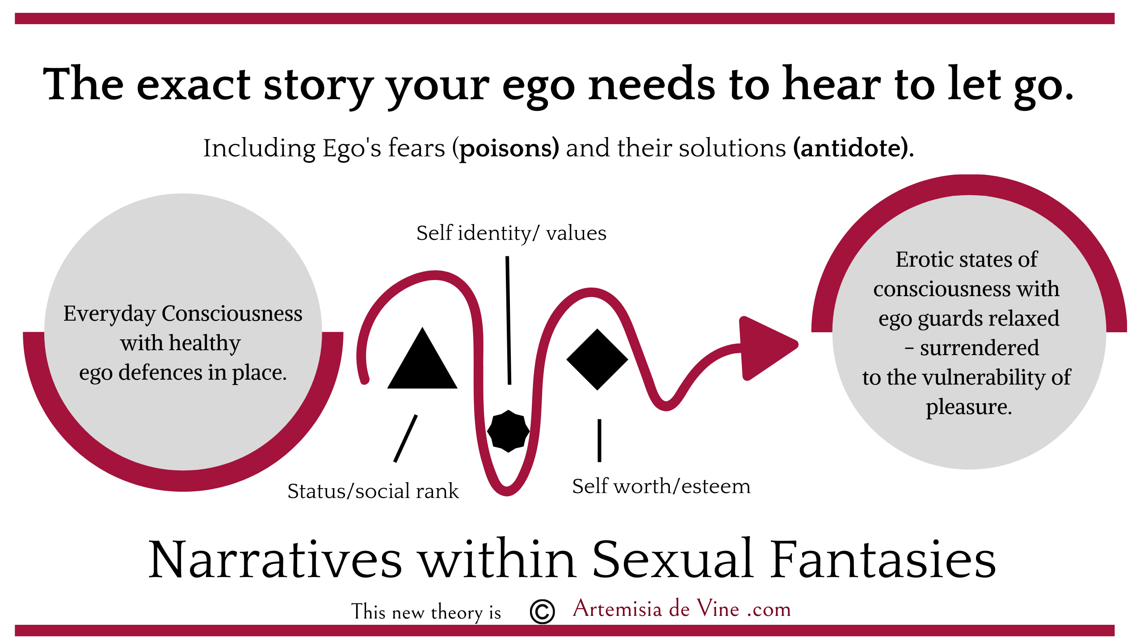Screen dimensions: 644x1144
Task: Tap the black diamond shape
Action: pyautogui.click(x=597, y=360)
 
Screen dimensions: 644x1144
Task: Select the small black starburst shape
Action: pyautogui.click(x=508, y=431)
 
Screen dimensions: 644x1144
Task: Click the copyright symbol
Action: pyautogui.click(x=542, y=611)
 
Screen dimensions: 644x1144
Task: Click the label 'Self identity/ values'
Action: pyautogui.click(x=511, y=233)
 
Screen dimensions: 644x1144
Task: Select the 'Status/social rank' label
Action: pyautogui.click(x=373, y=491)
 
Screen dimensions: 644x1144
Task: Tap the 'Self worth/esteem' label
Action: pyautogui.click(x=661, y=486)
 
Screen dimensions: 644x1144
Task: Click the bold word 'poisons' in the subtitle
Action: pyautogui.click(x=509, y=149)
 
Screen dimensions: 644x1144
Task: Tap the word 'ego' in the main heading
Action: pyautogui.click(x=538, y=87)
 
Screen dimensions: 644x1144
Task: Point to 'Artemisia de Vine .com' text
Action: pyautogui.click(x=681, y=609)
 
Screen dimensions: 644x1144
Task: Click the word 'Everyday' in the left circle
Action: pyautogui.click(x=109, y=314)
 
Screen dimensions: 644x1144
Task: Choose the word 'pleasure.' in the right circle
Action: pyautogui.click(x=968, y=407)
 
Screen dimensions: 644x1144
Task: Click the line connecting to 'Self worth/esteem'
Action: pyautogui.click(x=599, y=440)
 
